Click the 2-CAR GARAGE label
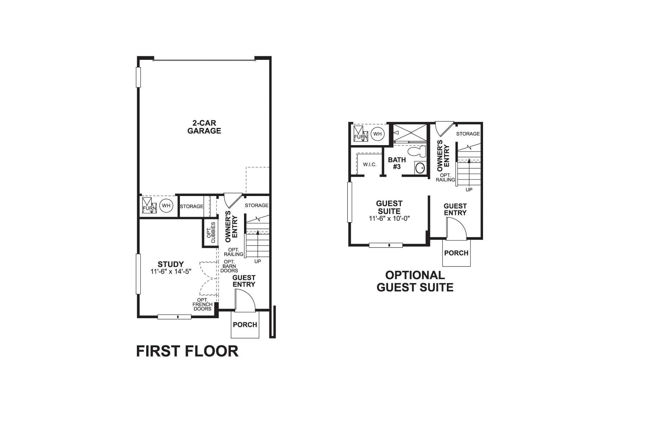tap(204, 127)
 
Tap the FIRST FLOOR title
tap(187, 351)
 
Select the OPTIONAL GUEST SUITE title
tap(415, 281)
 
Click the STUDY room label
tap(171, 264)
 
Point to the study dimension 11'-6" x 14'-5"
tap(171, 272)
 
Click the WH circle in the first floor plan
tap(166, 206)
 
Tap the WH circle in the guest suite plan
tap(377, 134)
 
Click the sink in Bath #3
tap(420, 167)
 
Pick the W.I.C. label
tap(369, 164)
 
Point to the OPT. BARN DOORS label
tap(229, 266)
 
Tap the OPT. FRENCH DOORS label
tap(203, 304)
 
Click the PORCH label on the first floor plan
tap(245, 325)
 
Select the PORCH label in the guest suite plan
tap(456, 253)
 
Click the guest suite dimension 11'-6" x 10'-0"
tap(389, 218)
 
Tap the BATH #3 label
tap(397, 163)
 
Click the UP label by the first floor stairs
tap(258, 261)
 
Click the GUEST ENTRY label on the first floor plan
tap(244, 281)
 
